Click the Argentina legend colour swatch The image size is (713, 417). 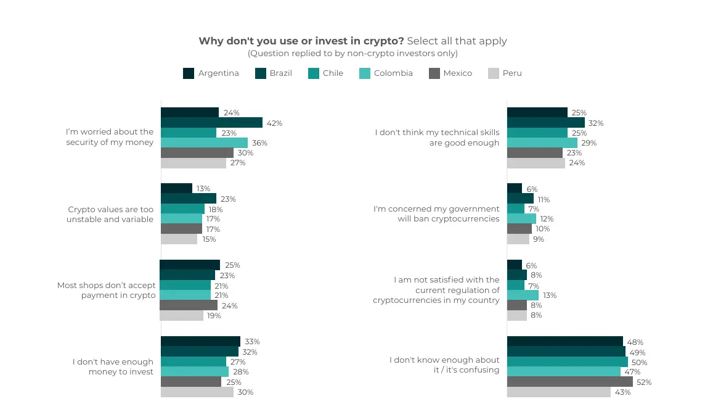coord(189,73)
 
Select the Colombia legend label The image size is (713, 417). coord(393,73)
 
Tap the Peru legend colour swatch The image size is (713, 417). coord(493,73)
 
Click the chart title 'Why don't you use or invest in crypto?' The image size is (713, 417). coord(301,41)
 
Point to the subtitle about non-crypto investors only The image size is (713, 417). coord(352,54)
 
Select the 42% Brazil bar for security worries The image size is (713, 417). coord(211,123)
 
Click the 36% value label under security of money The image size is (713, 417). coord(259,143)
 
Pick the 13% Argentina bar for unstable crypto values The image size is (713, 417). coord(176,189)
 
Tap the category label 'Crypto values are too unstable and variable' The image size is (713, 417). coord(110,214)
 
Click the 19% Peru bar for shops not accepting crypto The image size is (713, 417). coord(181,316)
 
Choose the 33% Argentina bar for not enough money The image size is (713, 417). coord(200,342)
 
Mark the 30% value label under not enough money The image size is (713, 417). coord(245,392)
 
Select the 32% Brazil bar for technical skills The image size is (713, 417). coord(545,123)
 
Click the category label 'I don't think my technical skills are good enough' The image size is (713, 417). coord(437,138)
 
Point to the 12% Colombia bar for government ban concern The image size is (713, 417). coord(521,219)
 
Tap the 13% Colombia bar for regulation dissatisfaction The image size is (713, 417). coord(523,295)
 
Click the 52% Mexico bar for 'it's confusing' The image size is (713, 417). coord(569,382)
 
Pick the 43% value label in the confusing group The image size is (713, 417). coord(622,392)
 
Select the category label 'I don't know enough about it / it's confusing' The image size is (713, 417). coord(444,365)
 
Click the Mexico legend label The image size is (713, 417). coord(457,73)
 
